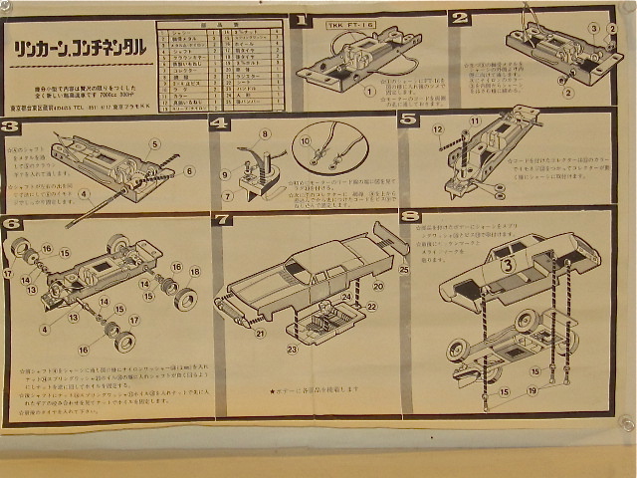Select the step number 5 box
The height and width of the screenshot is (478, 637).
408,118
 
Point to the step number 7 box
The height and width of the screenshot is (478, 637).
223,218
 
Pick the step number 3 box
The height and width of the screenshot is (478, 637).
11,126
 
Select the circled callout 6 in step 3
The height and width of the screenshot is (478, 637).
190,170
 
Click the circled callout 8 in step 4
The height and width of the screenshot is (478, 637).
265,132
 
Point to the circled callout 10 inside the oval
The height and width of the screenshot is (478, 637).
307,141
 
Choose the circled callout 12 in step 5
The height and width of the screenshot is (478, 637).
437,129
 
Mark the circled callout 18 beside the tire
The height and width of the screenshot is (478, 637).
194,271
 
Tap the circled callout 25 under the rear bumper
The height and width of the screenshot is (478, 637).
404,270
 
